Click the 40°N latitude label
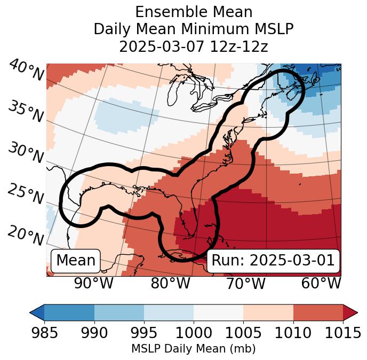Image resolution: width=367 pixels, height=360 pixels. click(x=26, y=71)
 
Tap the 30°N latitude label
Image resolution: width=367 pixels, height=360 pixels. click(x=26, y=154)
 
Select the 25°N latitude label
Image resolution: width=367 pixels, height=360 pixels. click(x=26, y=194)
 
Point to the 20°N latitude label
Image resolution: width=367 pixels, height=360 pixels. click(x=26, y=235)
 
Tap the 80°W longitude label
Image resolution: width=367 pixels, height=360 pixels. click(x=170, y=283)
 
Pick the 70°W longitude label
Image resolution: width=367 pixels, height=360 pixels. click(x=245, y=283)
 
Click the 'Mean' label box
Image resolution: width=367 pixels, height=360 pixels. click(x=76, y=261)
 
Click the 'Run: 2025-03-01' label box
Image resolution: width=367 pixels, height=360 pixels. click(x=273, y=261)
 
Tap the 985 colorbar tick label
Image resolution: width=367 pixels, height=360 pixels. click(x=45, y=333)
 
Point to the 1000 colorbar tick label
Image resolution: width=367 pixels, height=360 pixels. click(x=193, y=333)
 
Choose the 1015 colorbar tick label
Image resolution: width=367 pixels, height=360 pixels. click(x=342, y=333)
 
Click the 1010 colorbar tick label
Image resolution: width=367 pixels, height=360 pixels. click(x=292, y=333)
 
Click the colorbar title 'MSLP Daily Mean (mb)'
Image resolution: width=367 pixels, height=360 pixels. click(x=193, y=349)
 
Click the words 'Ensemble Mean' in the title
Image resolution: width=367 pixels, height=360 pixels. click(x=193, y=12)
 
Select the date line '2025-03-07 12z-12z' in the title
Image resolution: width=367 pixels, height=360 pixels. click(x=193, y=46)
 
